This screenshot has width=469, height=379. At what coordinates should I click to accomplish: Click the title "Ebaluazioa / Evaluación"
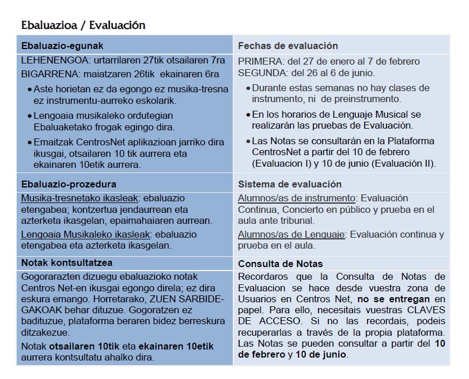pyautogui.click(x=83, y=25)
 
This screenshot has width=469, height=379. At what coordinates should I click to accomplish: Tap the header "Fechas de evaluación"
pyautogui.click(x=288, y=46)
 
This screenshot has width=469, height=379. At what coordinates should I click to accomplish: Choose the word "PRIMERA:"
pyautogui.click(x=261, y=61)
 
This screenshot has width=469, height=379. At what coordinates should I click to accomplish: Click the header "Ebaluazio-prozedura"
pyautogui.click(x=69, y=184)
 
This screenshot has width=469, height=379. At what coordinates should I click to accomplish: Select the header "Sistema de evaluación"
pyautogui.click(x=290, y=184)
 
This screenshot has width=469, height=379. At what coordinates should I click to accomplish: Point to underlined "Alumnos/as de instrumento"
pyautogui.click(x=296, y=198)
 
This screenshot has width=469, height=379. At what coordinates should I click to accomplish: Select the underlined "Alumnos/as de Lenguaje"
pyautogui.click(x=292, y=234)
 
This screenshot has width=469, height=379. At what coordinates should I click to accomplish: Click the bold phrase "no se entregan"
pyautogui.click(x=394, y=299)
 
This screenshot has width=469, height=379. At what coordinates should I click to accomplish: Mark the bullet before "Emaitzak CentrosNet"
pyautogui.click(x=29, y=142)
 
